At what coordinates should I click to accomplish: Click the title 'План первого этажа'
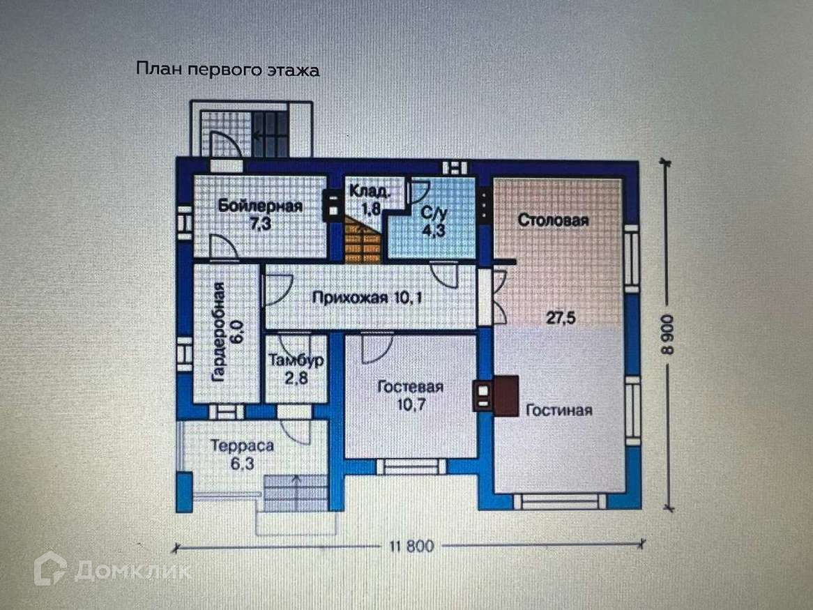pyautogui.click(x=227, y=70)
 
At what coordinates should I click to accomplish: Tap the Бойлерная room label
pyautogui.click(x=260, y=206)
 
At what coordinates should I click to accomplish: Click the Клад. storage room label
pyautogui.click(x=369, y=191)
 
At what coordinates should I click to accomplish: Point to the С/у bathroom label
pyautogui.click(x=434, y=213)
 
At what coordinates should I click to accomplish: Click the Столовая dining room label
pyautogui.click(x=553, y=220)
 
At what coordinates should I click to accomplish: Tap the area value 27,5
pyautogui.click(x=561, y=318)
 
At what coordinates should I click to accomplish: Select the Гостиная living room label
pyautogui.click(x=559, y=410)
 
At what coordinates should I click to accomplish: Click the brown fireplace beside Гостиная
pyautogui.click(x=506, y=396)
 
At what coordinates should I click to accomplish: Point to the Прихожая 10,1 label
pyautogui.click(x=367, y=298)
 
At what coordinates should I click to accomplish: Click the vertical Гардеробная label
pyautogui.click(x=220, y=333)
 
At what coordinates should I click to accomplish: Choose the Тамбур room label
pyautogui.click(x=296, y=360)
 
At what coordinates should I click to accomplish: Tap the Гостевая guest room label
pyautogui.click(x=410, y=387)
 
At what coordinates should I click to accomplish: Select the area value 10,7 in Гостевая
pyautogui.click(x=411, y=404)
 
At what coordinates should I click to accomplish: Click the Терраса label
pyautogui.click(x=242, y=445)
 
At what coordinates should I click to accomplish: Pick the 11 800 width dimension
pyautogui.click(x=411, y=547)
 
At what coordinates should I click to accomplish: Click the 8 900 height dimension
pyautogui.click(x=668, y=335)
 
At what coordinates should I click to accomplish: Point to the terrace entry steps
pyautogui.click(x=296, y=493)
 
